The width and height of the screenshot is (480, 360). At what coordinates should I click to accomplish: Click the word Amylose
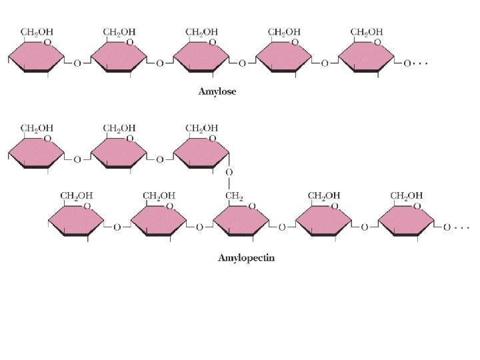(217, 92)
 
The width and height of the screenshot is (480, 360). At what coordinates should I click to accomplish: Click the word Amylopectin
(246, 257)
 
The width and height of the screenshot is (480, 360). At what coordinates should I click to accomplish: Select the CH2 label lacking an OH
(233, 195)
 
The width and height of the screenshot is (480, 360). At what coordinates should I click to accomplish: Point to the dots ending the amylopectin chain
(461, 227)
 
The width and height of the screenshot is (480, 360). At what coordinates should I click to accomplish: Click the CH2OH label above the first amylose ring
(37, 31)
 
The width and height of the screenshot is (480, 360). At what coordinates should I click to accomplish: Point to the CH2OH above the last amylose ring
(367, 31)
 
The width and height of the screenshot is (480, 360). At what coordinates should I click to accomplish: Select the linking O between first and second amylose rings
(77, 64)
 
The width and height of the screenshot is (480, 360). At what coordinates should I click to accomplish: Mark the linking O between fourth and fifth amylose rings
(325, 64)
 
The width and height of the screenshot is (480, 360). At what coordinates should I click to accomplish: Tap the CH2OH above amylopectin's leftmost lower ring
(77, 195)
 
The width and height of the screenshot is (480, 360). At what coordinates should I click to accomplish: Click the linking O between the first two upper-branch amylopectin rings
(77, 160)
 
